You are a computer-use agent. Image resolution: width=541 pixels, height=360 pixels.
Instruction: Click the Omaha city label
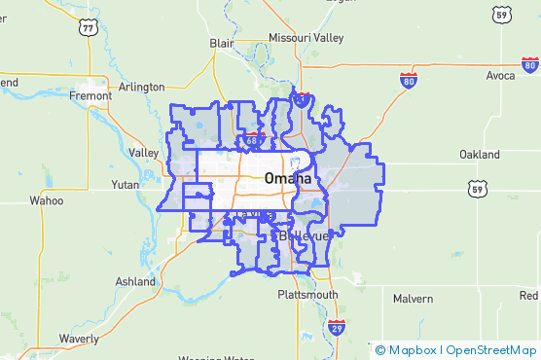[287, 179]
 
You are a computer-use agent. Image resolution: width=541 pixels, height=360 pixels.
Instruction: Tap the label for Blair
[223, 43]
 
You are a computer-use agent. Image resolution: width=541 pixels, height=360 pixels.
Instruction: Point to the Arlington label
[142, 87]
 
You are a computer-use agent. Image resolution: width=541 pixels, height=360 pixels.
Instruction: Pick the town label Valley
[143, 153]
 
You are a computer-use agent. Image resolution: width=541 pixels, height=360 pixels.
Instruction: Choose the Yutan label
[126, 183]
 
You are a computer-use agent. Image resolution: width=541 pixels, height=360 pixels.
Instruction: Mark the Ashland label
[134, 281]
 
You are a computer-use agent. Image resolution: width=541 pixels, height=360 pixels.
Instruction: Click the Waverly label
[78, 338]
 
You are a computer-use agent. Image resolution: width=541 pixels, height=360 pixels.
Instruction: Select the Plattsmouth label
[307, 294]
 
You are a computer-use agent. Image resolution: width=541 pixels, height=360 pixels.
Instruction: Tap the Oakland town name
[480, 155]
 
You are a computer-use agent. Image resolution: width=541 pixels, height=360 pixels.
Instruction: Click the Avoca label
[502, 75]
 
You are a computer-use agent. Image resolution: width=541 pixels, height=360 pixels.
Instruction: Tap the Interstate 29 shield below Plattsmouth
[336, 326]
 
